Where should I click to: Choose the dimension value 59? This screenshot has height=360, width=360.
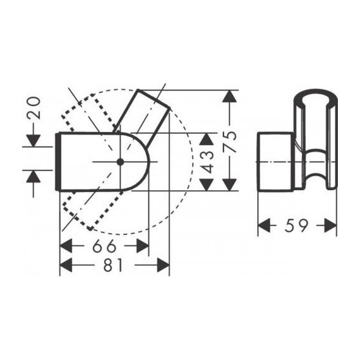tap(297, 225)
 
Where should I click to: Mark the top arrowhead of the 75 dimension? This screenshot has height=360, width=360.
tap(231, 98)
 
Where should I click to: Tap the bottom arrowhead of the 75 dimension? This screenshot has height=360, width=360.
tap(231, 184)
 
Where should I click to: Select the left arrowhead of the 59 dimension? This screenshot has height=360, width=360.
tap(265, 225)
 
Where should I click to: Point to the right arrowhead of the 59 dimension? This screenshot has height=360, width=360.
tap(329, 225)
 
